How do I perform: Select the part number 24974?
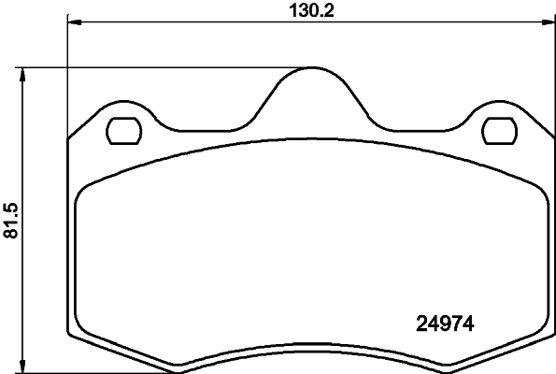[445, 325]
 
